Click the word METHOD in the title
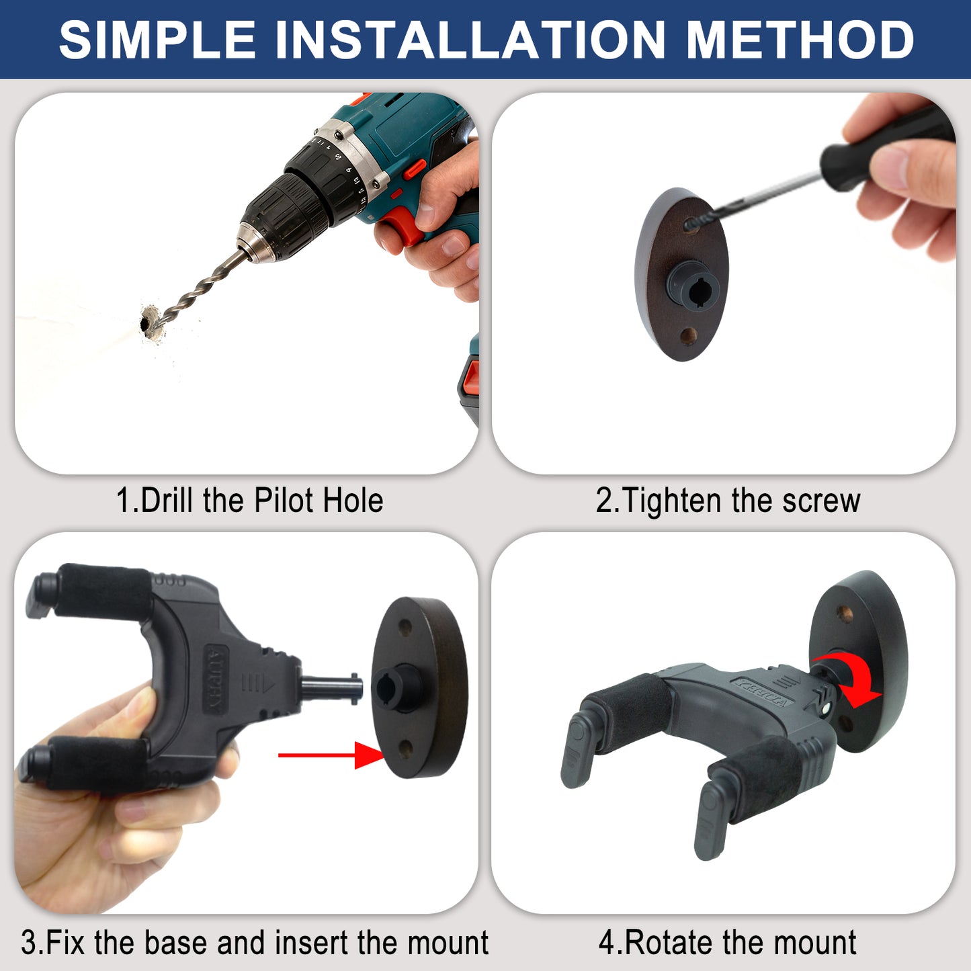point(800,40)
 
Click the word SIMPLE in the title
point(157,40)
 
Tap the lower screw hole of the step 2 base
point(688,335)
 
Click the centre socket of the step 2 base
point(695,289)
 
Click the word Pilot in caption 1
point(284,501)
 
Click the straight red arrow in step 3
point(331,755)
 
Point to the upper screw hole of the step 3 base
point(405,628)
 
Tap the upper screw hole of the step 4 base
point(847,614)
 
